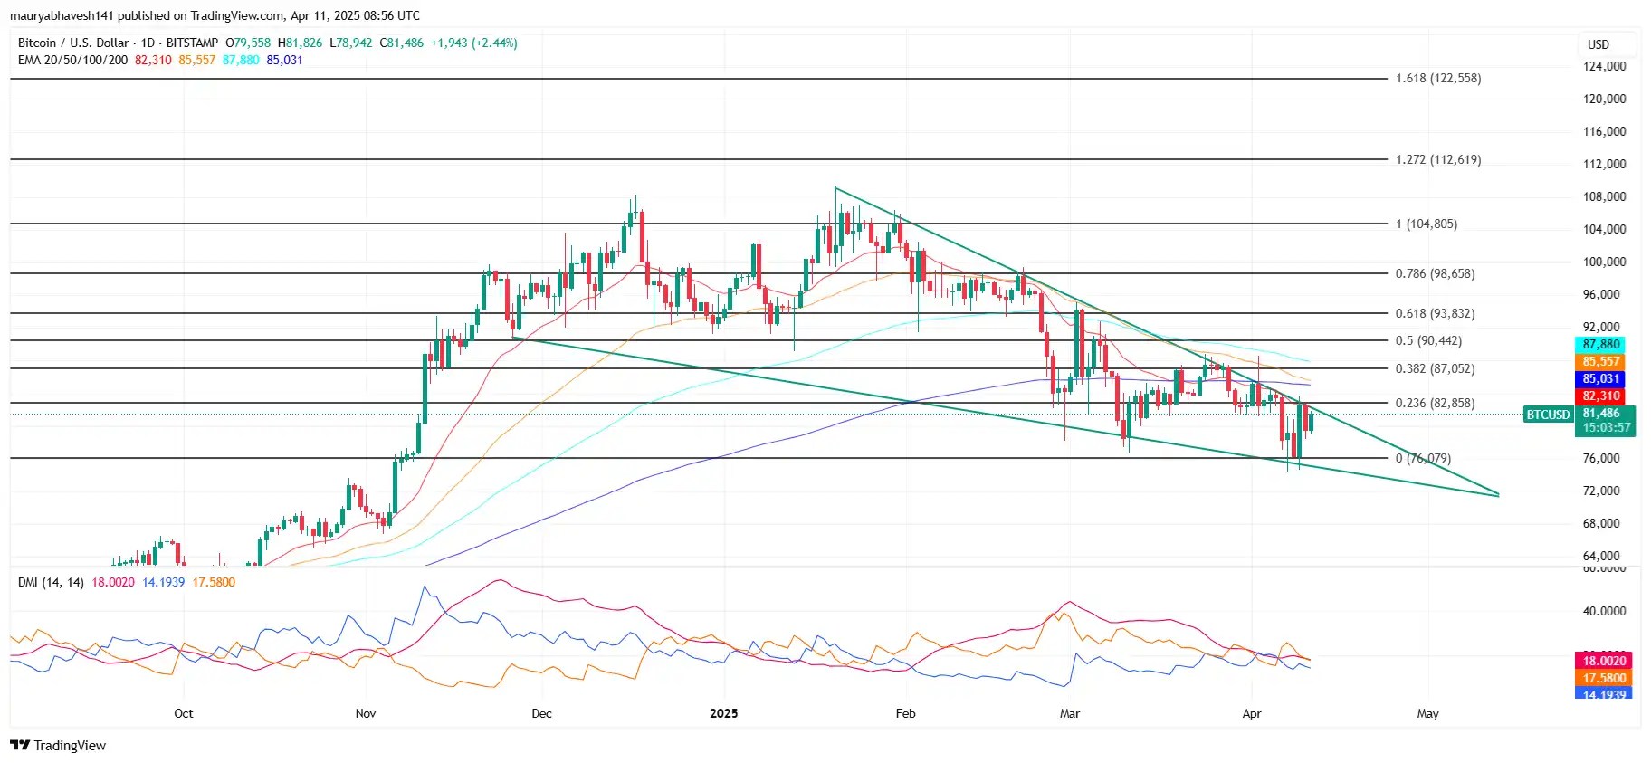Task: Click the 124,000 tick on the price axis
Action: pos(1604,66)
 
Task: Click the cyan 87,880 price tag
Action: pos(1600,345)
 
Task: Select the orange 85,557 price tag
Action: pos(1600,361)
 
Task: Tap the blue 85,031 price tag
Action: pos(1600,378)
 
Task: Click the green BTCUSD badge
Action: pos(1548,415)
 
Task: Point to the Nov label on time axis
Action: pos(366,713)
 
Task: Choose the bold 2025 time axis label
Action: pos(723,713)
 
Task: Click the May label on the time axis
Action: pos(1427,713)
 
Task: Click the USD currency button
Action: pos(1599,44)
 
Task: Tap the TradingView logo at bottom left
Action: pos(58,745)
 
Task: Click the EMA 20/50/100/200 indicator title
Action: pos(72,60)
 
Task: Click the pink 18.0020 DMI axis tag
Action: pos(1604,661)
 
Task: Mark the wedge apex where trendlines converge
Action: pos(1498,494)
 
